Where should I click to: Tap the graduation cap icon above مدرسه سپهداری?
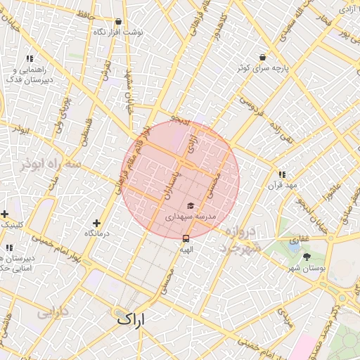[x=190, y=206]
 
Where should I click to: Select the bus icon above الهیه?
[x=186, y=238]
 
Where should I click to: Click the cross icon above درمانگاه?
[x=96, y=223]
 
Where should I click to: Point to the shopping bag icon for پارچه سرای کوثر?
[x=262, y=58]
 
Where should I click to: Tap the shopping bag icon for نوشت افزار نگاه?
[x=117, y=21]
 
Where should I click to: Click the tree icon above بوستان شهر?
[x=307, y=257]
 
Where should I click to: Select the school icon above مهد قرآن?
[x=282, y=174]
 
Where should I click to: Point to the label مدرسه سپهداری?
[x=191, y=217]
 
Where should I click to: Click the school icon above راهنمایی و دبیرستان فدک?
[x=30, y=59]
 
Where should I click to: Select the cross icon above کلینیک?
[x=4, y=214]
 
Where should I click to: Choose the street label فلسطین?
[x=85, y=131]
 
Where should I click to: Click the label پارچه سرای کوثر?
[x=262, y=69]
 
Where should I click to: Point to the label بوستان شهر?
[x=307, y=269]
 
